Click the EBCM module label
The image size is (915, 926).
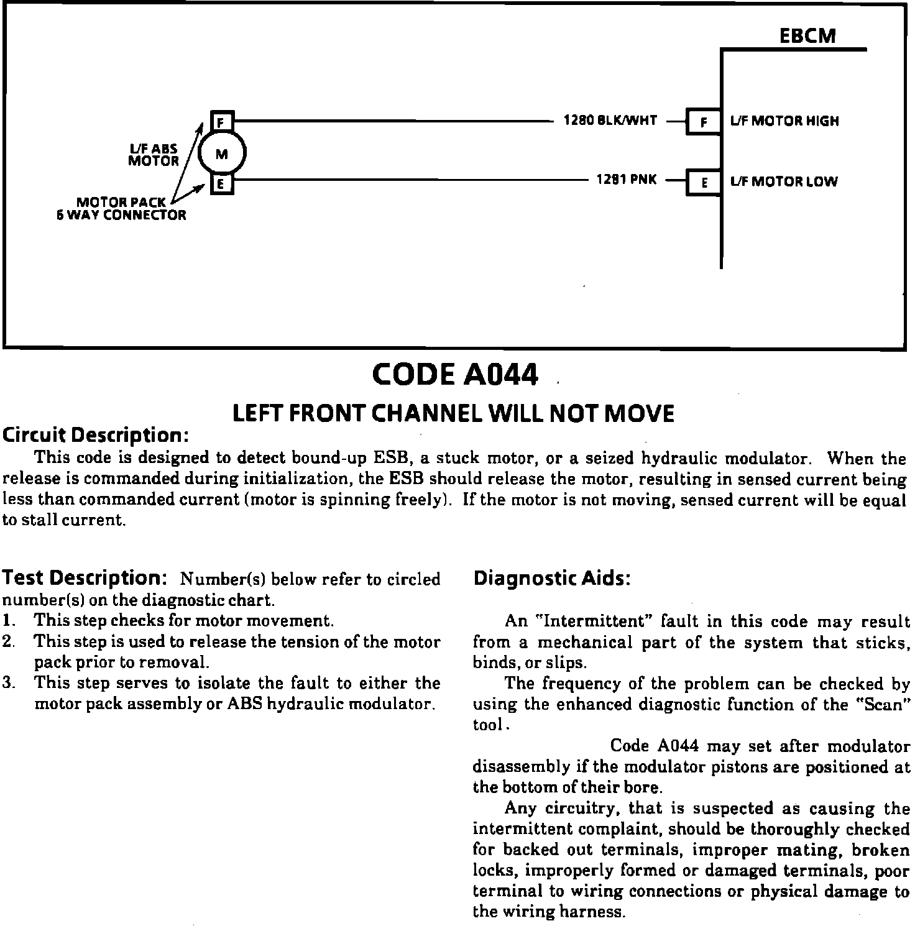click(x=807, y=36)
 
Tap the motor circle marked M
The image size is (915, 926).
click(x=222, y=153)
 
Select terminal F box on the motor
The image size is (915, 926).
click(x=221, y=121)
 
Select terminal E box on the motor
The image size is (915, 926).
click(x=221, y=184)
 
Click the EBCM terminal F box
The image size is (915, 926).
click(x=703, y=122)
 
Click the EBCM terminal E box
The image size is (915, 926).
click(x=703, y=183)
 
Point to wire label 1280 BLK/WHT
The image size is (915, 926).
click(x=610, y=121)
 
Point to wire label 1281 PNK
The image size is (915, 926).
click(x=626, y=180)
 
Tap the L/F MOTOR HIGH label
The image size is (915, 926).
click(x=784, y=121)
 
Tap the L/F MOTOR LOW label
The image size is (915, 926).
click(x=784, y=182)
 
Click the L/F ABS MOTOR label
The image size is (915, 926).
click(x=154, y=155)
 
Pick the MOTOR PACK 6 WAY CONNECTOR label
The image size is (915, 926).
click(x=121, y=209)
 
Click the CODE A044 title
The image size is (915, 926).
click(x=455, y=374)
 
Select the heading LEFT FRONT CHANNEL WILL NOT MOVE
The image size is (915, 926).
click(x=453, y=414)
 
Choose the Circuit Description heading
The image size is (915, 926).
click(x=95, y=434)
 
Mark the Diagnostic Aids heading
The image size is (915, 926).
click(x=552, y=579)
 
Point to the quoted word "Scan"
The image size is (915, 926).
click(x=884, y=705)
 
